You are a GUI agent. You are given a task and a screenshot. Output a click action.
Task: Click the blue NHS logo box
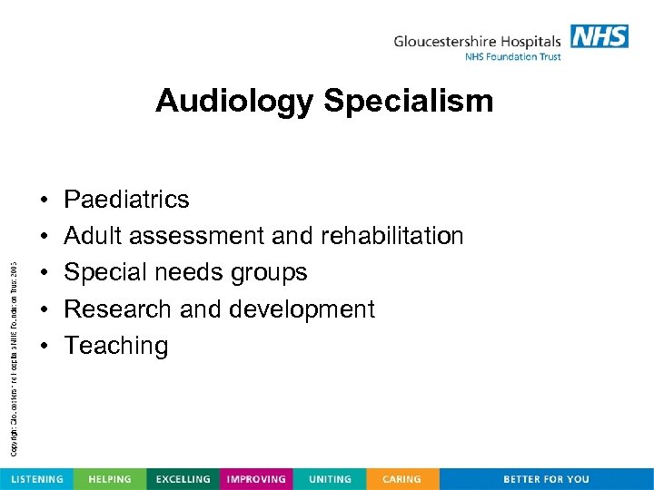pyautogui.click(x=599, y=36)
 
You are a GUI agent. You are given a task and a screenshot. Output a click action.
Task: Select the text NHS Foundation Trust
pyautogui.click(x=512, y=57)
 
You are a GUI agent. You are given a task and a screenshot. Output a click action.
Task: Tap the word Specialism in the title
pyautogui.click(x=408, y=101)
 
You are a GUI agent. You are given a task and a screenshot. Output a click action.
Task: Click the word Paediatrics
pyautogui.click(x=126, y=199)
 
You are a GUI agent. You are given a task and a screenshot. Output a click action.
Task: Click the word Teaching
pyautogui.click(x=115, y=346)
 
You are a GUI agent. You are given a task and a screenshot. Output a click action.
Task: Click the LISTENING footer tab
pyautogui.click(x=36, y=479)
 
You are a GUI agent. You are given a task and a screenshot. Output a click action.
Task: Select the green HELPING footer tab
pyautogui.click(x=109, y=479)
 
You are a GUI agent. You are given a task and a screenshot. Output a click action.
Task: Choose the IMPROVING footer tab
pyautogui.click(x=257, y=479)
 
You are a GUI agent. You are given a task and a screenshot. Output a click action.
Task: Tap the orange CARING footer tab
pyautogui.click(x=401, y=479)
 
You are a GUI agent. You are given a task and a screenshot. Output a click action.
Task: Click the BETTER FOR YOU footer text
pyautogui.click(x=546, y=479)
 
